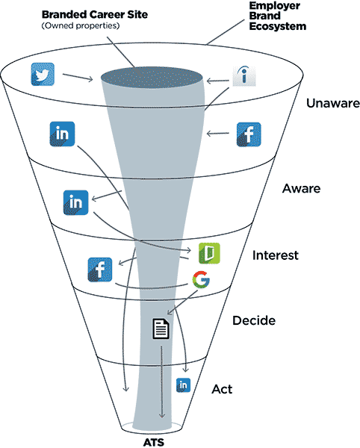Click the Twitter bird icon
click(x=43, y=74)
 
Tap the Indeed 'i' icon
click(x=244, y=76)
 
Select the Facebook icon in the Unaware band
click(x=249, y=134)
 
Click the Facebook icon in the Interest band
click(x=100, y=270)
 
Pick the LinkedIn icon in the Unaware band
click(x=62, y=134)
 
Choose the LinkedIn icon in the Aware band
click(x=75, y=202)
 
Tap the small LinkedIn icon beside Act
click(x=183, y=385)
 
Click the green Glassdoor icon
click(x=209, y=253)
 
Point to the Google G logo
click(x=201, y=279)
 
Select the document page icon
click(x=161, y=329)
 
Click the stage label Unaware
click(x=333, y=103)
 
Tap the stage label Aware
click(x=302, y=189)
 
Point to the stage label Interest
click(x=276, y=255)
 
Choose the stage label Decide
click(x=254, y=320)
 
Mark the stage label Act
click(x=222, y=389)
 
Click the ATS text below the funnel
click(x=154, y=443)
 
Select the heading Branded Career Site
click(x=95, y=15)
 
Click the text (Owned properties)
click(x=81, y=25)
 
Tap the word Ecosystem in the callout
click(x=278, y=26)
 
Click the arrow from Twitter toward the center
click(x=78, y=77)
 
